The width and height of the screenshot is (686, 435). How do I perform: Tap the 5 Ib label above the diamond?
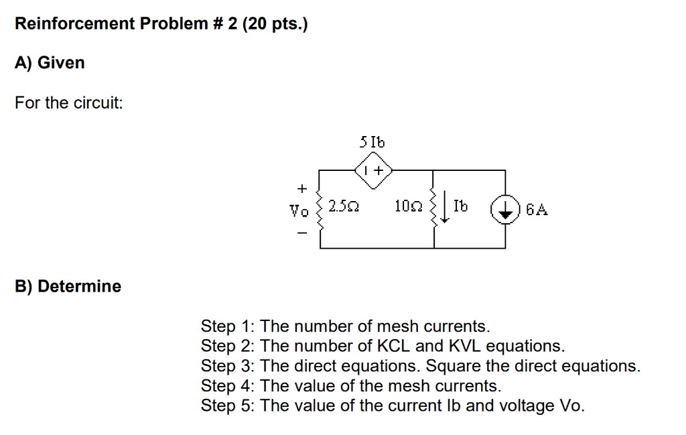(x=372, y=142)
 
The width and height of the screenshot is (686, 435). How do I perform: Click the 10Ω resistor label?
(x=409, y=209)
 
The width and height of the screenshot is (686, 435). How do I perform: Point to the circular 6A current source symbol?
(x=506, y=209)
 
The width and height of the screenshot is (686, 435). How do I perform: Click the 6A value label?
(x=537, y=209)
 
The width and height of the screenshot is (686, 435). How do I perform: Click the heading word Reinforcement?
(x=75, y=25)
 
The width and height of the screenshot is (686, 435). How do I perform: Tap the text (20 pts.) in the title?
(x=275, y=25)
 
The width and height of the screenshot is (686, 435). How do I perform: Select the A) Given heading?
(x=50, y=63)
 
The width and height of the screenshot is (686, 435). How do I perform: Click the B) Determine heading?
(x=68, y=286)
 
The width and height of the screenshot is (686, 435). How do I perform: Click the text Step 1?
(x=228, y=326)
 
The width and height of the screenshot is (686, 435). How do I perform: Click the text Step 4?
(x=228, y=386)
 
